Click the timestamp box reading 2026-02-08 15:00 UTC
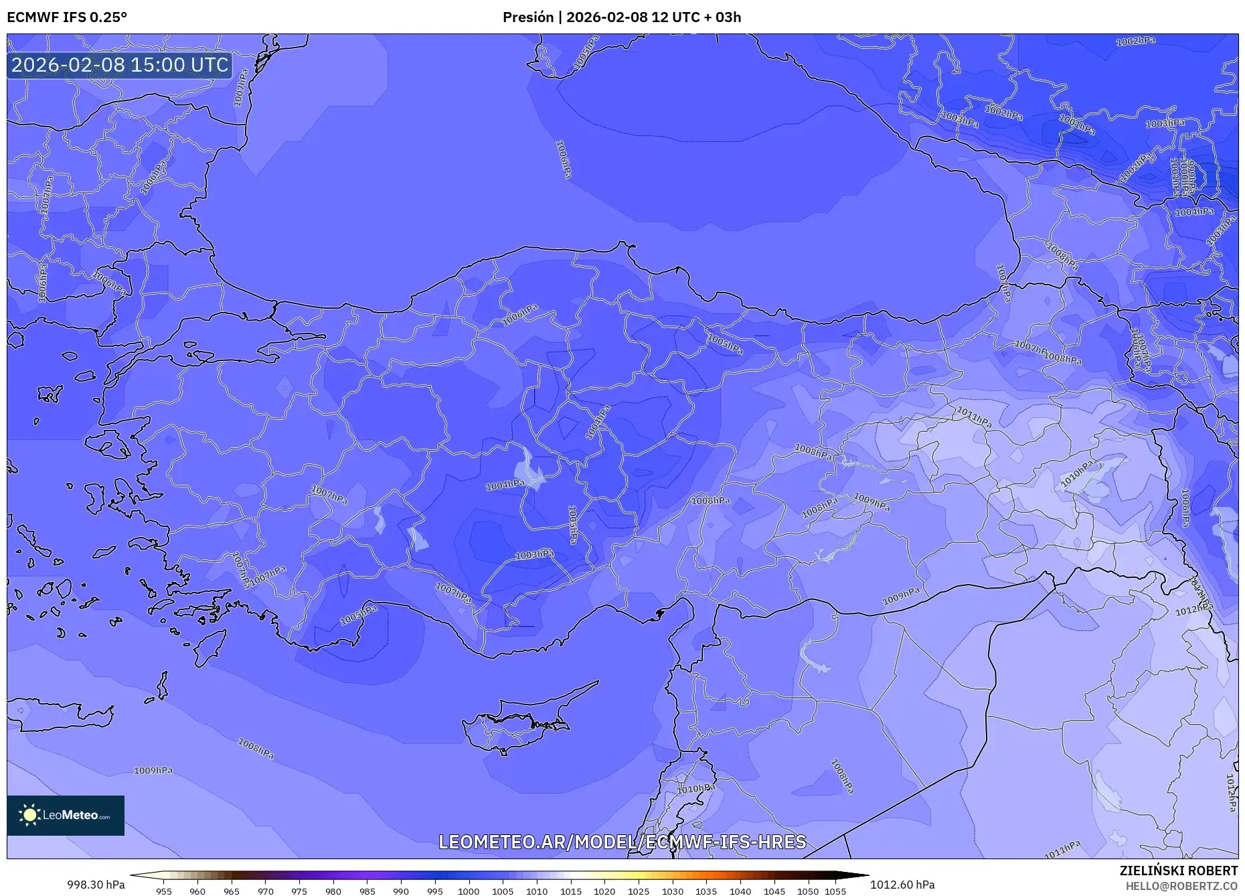[120, 65]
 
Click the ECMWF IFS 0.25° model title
[66, 17]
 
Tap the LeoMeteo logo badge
[66, 815]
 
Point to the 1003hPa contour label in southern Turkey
[534, 554]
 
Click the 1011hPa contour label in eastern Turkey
[974, 417]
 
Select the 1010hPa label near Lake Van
[1077, 473]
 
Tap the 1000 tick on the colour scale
[469, 891]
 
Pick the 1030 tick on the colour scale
[672, 891]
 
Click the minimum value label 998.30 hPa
[96, 885]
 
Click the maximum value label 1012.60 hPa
[902, 885]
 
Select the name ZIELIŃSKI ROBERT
[1178, 871]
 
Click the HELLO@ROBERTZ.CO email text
[1181, 886]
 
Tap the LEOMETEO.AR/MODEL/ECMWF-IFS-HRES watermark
[622, 842]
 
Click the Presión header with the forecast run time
[622, 17]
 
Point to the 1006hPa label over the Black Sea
[564, 159]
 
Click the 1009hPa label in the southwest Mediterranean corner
[153, 771]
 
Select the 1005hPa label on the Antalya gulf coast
[359, 615]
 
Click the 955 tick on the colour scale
[164, 891]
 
